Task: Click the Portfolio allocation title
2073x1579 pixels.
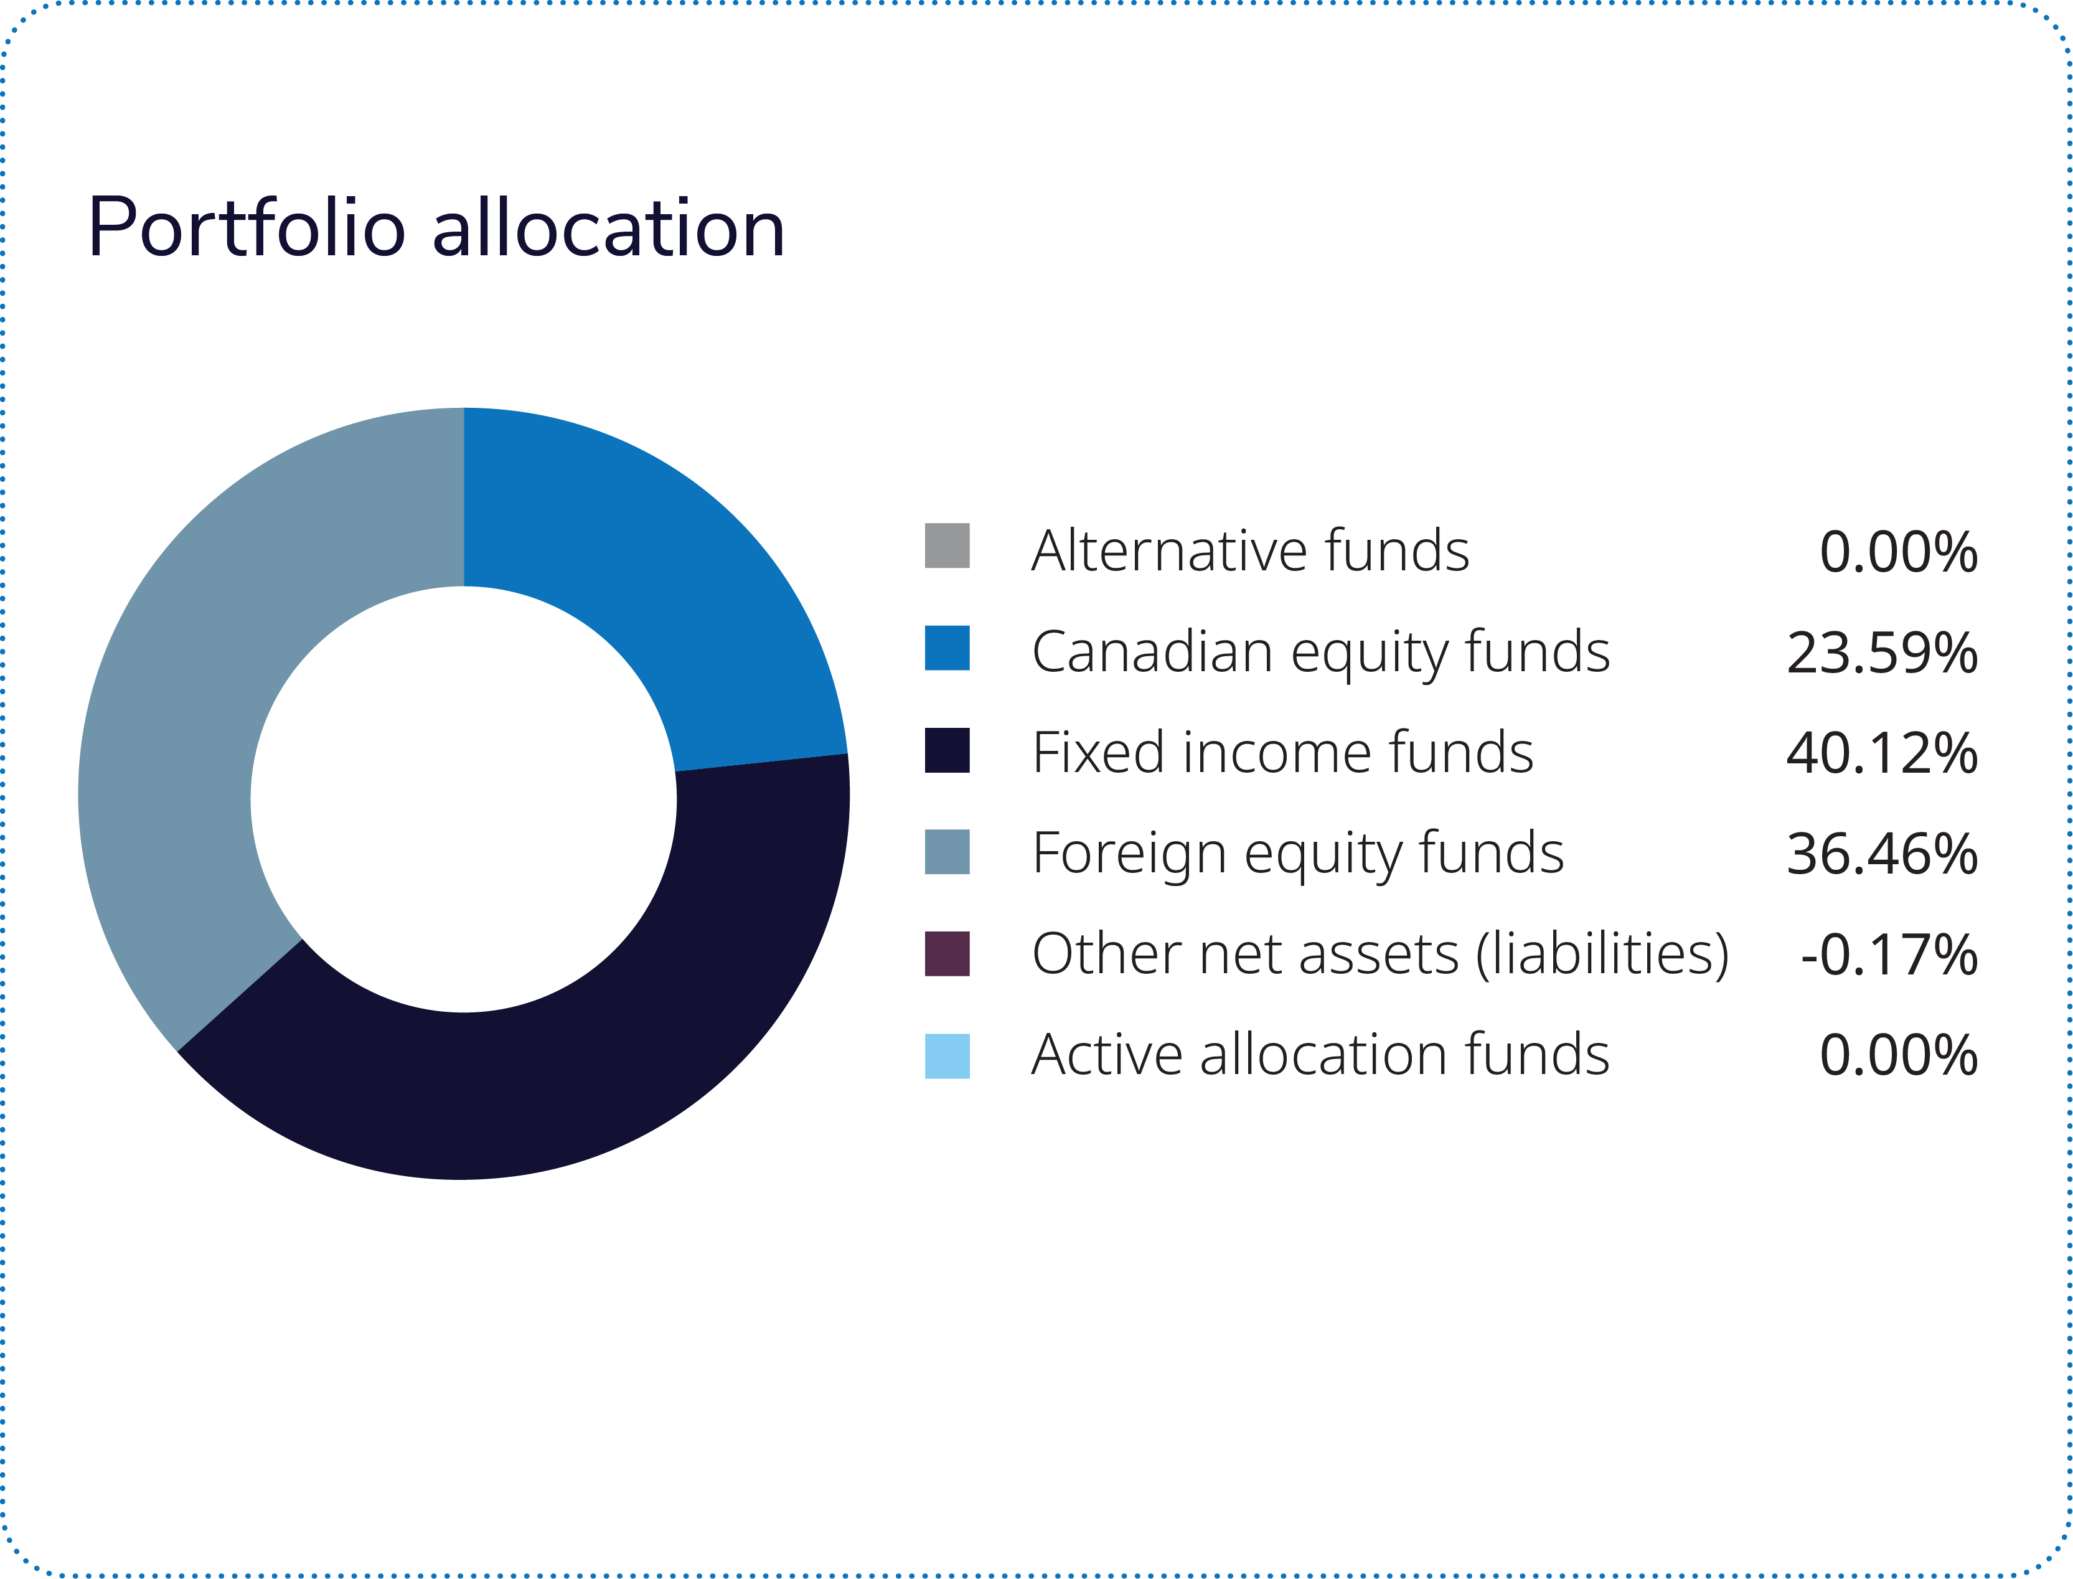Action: pos(436,229)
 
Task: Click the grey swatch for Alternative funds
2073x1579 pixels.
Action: pos(946,546)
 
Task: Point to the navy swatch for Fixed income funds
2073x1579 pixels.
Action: pos(946,750)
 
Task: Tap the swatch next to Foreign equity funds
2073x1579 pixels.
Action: pos(946,852)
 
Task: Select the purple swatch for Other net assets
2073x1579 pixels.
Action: pos(946,954)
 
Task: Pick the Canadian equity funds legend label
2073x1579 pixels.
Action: pos(1320,653)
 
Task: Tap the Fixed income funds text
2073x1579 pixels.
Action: pos(1282,753)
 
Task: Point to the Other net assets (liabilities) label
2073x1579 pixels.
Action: pos(1380,955)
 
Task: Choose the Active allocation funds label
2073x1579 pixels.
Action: pos(1320,1055)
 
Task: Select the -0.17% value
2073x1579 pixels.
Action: pos(1889,956)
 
